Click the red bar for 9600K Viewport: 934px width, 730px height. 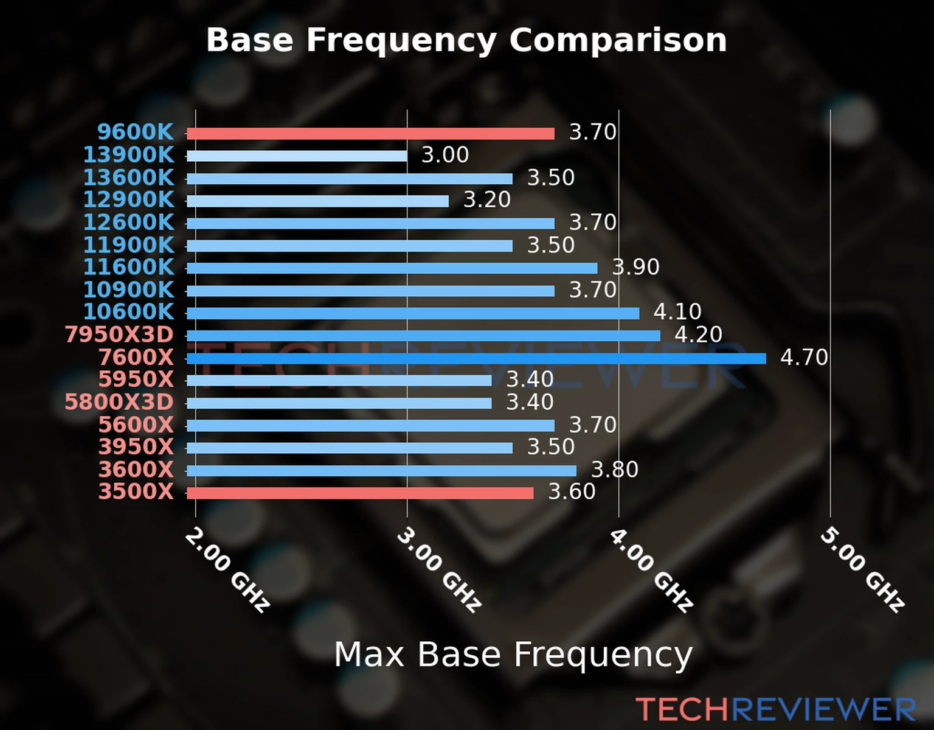pos(370,134)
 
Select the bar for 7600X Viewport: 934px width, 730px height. pos(476,358)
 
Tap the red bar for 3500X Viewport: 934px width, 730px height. pos(360,493)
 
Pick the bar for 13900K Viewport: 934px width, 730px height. pos(297,156)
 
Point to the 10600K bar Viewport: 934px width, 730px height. pos(413,313)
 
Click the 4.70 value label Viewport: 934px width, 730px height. pos(804,357)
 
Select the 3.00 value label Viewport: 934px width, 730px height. pos(445,155)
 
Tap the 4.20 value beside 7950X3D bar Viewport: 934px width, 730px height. pos(698,335)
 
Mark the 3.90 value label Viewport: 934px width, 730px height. pos(635,267)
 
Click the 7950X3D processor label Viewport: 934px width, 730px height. pos(119,335)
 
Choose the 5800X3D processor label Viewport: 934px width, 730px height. pos(119,402)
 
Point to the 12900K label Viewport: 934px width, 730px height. pos(128,200)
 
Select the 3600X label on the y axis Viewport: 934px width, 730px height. pos(136,470)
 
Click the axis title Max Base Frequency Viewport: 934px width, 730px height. pos(513,655)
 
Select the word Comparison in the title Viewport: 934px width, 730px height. pos(618,40)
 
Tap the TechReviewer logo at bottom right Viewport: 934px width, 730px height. pos(775,709)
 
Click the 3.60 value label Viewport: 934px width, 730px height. pos(572,492)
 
